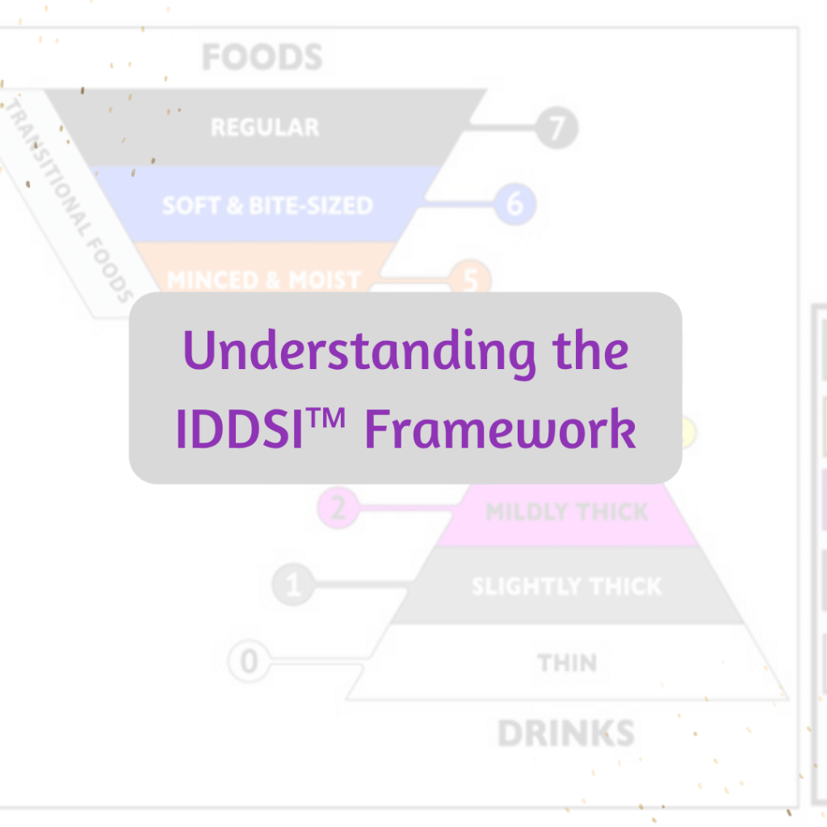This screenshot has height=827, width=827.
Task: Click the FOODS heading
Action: (262, 58)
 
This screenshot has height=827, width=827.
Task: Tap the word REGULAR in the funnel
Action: (265, 128)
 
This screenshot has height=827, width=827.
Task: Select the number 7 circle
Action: (556, 128)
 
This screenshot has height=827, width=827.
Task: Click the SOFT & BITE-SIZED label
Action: (267, 205)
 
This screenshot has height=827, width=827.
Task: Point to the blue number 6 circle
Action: (514, 204)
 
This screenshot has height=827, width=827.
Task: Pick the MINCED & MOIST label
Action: (263, 280)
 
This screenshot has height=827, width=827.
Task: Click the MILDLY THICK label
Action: (567, 512)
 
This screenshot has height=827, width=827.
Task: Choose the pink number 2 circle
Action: (338, 509)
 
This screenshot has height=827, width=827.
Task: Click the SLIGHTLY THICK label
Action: (566, 586)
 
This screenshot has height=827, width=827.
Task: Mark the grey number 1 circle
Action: (292, 585)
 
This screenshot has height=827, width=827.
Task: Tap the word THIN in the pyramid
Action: (567, 663)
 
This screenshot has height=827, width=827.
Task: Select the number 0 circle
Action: (250, 662)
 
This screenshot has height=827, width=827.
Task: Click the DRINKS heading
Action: (565, 733)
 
